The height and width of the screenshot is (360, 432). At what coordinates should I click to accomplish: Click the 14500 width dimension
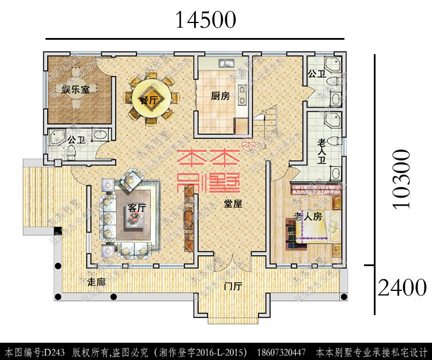(x=206, y=20)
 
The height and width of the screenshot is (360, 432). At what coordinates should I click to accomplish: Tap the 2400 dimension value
(x=402, y=286)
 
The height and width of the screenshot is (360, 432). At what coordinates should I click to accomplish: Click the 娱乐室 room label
(x=79, y=89)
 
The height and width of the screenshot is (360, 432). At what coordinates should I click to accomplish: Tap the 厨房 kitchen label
(x=220, y=96)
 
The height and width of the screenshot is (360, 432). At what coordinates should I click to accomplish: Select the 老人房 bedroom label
(x=306, y=217)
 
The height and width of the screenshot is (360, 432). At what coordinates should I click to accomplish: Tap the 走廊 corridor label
(x=96, y=282)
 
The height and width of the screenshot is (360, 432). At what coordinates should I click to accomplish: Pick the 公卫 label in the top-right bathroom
(x=317, y=74)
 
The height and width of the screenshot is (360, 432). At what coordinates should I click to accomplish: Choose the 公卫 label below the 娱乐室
(x=76, y=140)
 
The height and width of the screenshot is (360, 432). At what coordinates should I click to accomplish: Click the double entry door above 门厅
(x=233, y=262)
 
